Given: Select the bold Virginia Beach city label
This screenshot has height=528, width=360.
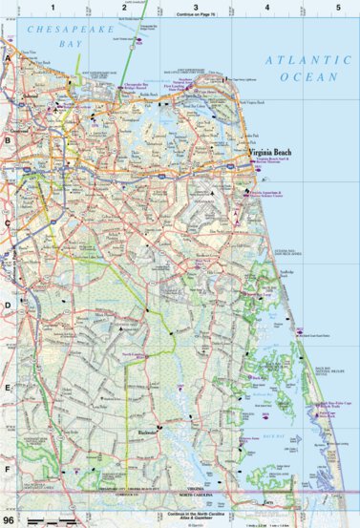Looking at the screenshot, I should click(269, 153).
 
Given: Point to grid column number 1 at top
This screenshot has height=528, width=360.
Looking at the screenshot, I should click(54, 8).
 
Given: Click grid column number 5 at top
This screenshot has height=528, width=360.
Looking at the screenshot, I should click(335, 8).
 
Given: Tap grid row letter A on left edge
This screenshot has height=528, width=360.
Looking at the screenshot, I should click(8, 58).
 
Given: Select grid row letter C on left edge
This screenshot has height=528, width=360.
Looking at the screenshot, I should click(8, 223).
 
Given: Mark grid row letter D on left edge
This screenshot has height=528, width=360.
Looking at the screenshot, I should click(8, 306).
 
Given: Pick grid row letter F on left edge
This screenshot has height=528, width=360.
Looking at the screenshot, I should click(8, 470).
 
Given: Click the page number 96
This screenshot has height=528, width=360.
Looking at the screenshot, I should click(10, 520).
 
